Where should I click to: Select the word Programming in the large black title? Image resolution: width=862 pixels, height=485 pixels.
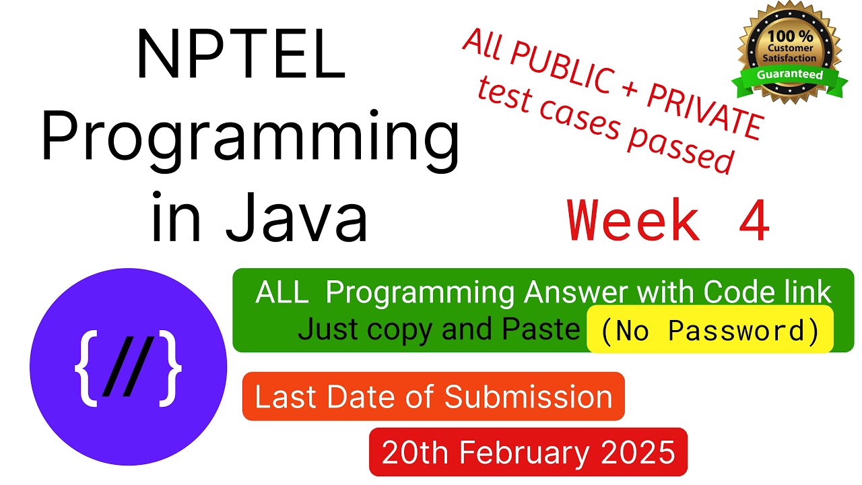250,138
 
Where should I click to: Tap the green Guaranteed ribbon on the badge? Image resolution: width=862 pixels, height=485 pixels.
790,75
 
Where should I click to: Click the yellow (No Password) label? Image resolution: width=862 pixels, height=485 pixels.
709,329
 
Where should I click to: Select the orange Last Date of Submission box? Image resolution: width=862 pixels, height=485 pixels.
433,397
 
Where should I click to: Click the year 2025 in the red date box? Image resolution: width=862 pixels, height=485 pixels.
638,452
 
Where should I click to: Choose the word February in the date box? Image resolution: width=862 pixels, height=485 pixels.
519,452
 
